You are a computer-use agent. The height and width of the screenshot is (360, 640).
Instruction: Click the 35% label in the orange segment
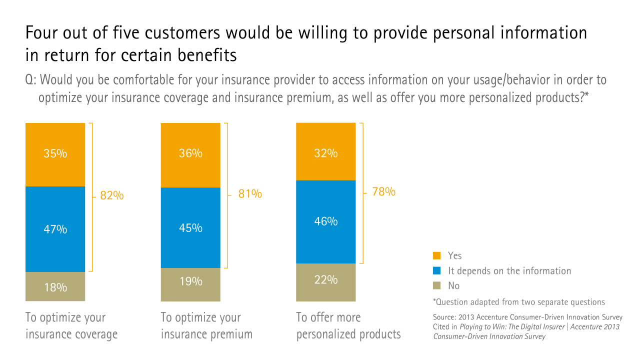coord(55,153)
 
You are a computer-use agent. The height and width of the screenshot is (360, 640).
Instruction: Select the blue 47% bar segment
coord(55,229)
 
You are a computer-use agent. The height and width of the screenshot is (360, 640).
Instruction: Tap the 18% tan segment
coord(55,287)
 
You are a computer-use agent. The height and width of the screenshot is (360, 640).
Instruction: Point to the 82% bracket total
coord(112,195)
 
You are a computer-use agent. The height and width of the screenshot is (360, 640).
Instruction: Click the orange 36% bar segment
coord(190,154)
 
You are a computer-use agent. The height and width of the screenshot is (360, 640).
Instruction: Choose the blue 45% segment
coord(190,227)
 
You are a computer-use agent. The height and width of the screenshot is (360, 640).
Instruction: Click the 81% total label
coord(250,193)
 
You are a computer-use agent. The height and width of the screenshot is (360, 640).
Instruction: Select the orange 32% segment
coord(325,151)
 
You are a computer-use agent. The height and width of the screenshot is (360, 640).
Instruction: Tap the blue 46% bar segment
coord(325,221)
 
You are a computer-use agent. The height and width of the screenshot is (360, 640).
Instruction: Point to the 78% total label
coord(383,191)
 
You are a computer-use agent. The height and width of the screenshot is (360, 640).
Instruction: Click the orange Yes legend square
coord(436,255)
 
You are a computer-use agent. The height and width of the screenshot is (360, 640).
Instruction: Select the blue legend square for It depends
coord(436,270)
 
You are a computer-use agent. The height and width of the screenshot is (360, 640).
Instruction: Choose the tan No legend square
coord(436,285)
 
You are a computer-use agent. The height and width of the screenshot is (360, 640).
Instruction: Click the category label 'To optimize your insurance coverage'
coord(71,325)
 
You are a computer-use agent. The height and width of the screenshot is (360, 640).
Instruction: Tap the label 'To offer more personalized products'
coord(348,325)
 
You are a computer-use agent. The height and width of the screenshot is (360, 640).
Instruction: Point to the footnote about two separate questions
coord(518,302)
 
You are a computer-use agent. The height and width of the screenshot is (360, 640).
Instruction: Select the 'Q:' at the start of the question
coord(30,80)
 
